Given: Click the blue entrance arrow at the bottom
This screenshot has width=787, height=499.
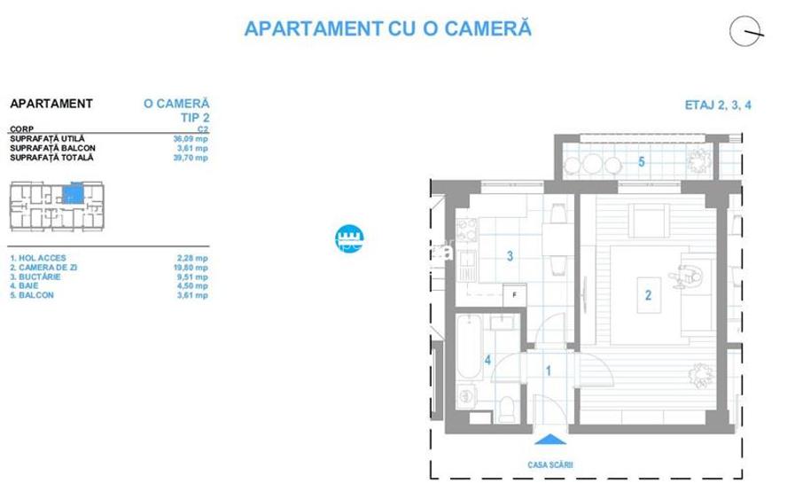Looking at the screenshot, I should (549, 438).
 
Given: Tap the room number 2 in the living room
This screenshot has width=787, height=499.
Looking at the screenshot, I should (649, 296).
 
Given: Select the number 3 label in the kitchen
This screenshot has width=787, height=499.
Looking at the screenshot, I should (510, 257).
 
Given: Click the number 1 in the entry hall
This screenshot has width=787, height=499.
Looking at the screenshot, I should (549, 371).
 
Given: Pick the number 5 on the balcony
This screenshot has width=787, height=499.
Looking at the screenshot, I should (641, 161).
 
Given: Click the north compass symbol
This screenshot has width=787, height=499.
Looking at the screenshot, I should (747, 32).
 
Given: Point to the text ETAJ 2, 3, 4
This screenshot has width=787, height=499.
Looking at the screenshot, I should (720, 105).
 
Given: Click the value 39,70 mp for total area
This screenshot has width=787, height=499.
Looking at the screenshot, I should (190, 158).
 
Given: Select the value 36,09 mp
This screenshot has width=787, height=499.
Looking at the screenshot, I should (190, 139).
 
